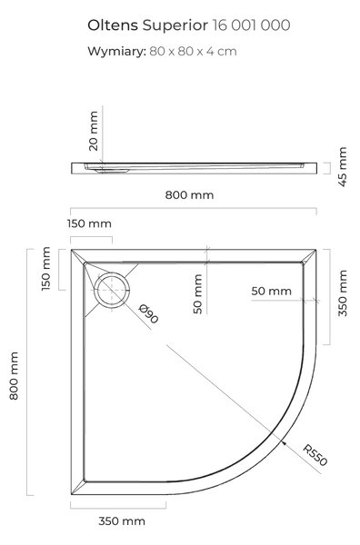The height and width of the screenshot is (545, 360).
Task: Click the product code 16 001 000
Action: coord(251,25)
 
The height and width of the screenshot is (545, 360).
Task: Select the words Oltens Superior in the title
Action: coord(148,25)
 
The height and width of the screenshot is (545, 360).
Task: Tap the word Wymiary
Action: coord(116,52)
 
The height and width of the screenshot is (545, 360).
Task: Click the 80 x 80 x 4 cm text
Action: coord(193,52)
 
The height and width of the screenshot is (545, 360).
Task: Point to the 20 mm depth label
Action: coord(94,131)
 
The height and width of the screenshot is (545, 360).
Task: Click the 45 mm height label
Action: coord(343,167)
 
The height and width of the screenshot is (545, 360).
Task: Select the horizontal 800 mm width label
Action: coord(189,195)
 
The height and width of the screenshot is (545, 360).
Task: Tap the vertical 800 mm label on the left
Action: coord(14,376)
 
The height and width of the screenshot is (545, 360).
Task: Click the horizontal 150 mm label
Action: coord(89,223)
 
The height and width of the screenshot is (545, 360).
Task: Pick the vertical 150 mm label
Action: coord(46,269)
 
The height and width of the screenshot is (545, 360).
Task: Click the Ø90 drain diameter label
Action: coord(148,313)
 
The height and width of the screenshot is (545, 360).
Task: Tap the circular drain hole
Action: coord(112,289)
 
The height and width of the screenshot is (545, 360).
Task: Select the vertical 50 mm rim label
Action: coord(197,294)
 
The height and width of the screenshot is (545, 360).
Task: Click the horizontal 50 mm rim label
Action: coord(271,291)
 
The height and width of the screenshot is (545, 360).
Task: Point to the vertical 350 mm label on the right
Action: coord(343,293)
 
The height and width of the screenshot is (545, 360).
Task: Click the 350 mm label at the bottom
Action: coord(122,521)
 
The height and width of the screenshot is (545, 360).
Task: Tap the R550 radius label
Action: coord(315,455)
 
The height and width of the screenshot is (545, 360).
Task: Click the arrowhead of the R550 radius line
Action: coord(284,443)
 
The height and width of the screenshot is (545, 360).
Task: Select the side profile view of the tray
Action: coord(194,168)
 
